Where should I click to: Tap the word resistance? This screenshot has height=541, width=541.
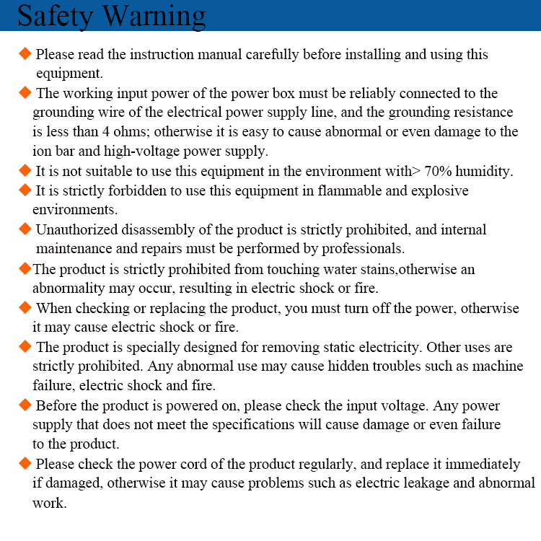[x=476, y=113]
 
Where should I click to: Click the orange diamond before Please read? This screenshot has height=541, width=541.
[x=25, y=54]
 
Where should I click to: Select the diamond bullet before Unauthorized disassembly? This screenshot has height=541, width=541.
[x=25, y=229]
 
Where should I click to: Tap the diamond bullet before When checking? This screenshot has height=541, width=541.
[x=25, y=308]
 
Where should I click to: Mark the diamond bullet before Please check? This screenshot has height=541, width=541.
[x=25, y=463]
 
